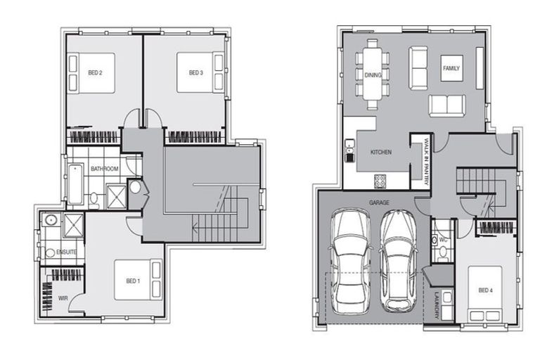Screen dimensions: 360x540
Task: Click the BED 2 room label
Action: pos(96,72)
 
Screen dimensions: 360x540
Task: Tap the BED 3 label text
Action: pos(195,72)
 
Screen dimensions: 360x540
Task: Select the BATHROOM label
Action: pos(104,169)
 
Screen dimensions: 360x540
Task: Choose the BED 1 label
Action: pos(133,281)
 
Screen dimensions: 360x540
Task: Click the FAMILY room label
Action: pos(451,68)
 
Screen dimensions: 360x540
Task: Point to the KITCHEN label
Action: pos(380,152)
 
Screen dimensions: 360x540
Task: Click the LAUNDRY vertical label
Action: pos(437,304)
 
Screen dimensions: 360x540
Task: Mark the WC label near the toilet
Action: pos(444,240)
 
